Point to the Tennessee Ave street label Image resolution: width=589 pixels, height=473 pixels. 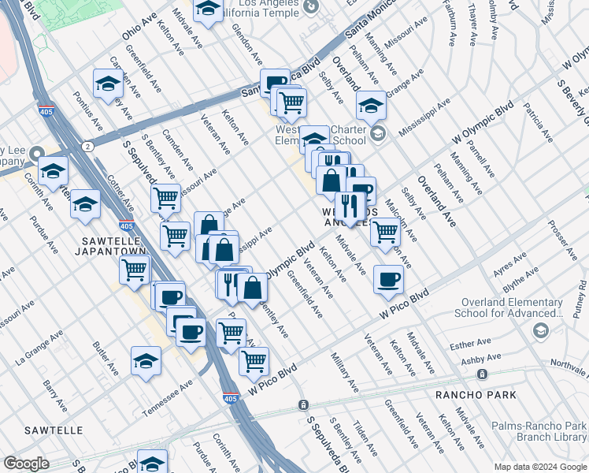[x=168, y=399]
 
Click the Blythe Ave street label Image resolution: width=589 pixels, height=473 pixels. [x=521, y=278]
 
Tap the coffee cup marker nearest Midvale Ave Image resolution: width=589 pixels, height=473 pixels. [x=387, y=277]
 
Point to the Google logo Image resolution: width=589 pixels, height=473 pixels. [x=27, y=464]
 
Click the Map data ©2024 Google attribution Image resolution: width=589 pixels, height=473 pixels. [x=539, y=467]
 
